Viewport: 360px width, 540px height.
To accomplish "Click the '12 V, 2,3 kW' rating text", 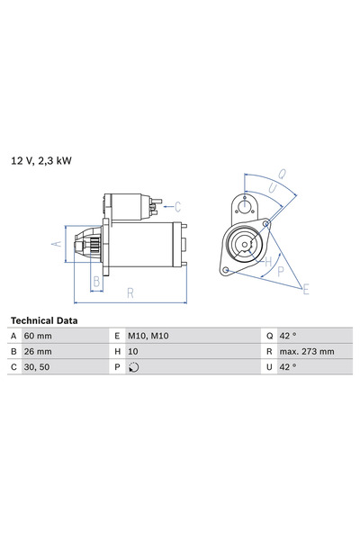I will pyautogui.click(x=41, y=160).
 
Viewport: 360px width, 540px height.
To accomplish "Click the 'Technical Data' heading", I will pyautogui.click(x=43, y=320).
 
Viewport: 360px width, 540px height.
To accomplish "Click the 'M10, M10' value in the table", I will pyautogui.click(x=148, y=335).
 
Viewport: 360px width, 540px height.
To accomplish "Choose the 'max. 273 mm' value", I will pyautogui.click(x=307, y=351).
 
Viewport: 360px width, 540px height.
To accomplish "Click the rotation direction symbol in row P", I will pyautogui.click(x=134, y=367).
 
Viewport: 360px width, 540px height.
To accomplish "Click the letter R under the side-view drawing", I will pyautogui.click(x=130, y=292).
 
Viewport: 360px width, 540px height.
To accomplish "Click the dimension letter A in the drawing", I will pyautogui.click(x=56, y=244).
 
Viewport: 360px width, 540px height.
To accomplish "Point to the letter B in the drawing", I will pyautogui.click(x=96, y=280).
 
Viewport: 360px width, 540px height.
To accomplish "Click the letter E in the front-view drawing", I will pyautogui.click(x=306, y=289).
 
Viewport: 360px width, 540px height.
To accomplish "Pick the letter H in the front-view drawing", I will pyautogui.click(x=269, y=261).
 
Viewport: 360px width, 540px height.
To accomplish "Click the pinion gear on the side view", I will pyautogui.click(x=88, y=245).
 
